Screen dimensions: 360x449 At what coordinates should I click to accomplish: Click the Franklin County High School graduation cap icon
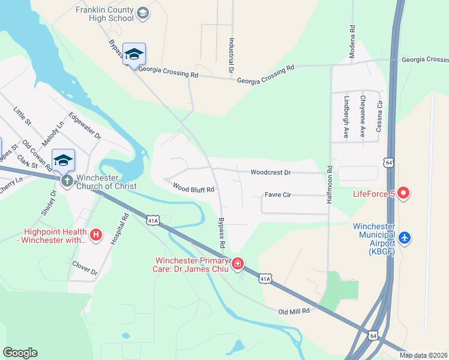(143, 13)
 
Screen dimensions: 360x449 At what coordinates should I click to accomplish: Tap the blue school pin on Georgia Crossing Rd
(133, 53)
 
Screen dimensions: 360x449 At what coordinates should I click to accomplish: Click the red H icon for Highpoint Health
(95, 233)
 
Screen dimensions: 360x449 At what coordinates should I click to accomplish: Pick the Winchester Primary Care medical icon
(238, 263)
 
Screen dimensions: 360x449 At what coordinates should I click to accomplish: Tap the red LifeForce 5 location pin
(403, 193)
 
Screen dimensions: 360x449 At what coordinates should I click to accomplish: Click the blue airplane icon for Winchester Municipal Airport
(405, 238)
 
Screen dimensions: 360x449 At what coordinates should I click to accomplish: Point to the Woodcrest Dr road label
(270, 173)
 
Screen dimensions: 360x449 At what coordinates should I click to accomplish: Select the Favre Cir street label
(279, 195)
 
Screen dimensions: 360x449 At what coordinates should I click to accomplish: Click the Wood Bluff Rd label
(193, 189)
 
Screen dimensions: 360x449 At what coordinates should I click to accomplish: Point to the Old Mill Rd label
(294, 311)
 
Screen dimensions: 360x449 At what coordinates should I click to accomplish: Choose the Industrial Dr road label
(231, 56)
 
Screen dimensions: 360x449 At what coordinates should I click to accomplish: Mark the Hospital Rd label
(118, 229)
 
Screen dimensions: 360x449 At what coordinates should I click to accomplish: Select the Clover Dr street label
(85, 268)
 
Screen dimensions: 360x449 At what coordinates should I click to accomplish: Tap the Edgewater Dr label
(85, 126)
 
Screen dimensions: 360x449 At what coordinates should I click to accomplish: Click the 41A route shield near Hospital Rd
(153, 221)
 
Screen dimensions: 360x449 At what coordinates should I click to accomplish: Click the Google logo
(20, 353)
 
